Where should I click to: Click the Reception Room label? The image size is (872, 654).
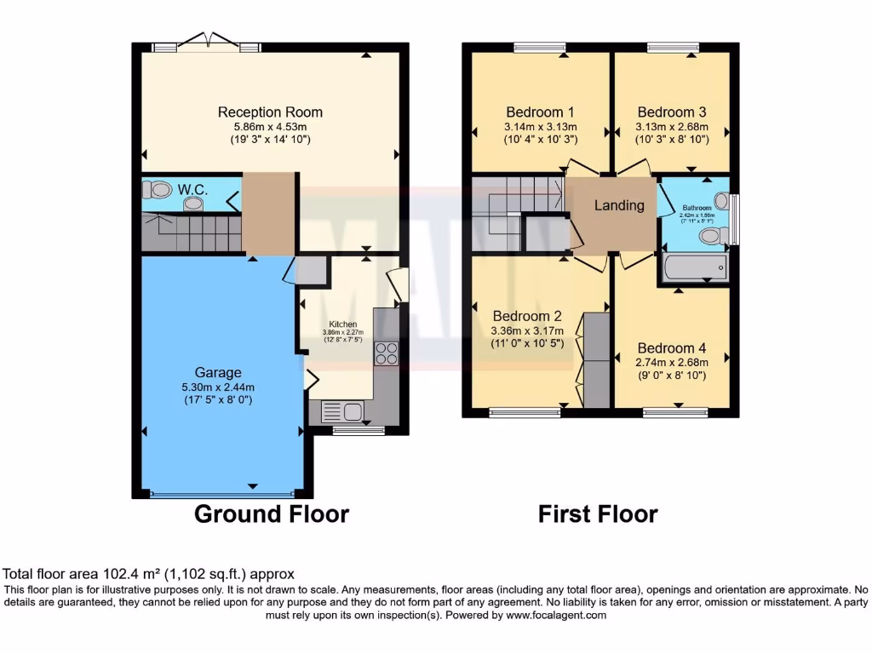coord(270,112)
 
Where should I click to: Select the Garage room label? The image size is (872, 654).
coord(217,372)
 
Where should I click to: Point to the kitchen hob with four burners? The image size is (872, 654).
coord(386,353)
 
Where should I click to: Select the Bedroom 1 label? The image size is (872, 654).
coord(540,112)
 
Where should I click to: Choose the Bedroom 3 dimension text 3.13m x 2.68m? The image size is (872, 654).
coord(672,127)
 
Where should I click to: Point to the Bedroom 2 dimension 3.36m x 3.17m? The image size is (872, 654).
coord(527,330)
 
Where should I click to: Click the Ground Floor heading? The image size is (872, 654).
coord(272,514)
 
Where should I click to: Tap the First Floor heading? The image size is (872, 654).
coord(598,514)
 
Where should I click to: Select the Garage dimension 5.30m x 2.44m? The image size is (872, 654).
coord(217,387)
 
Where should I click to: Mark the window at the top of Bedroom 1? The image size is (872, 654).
coord(540,48)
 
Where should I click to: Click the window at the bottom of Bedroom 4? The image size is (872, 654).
coord(675,413)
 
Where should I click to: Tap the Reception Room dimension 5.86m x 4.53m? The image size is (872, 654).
coord(270,127)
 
